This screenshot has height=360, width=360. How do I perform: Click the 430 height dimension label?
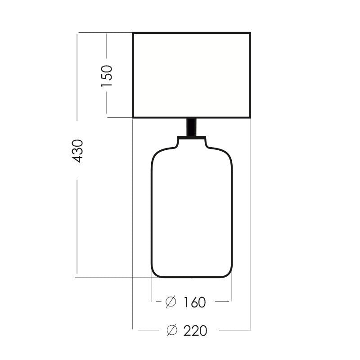tap(77, 151)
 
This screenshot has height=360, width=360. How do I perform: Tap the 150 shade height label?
tap(107, 76)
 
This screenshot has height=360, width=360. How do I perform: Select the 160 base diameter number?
tap(194, 302)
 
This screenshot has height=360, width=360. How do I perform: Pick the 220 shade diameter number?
tap(195, 331)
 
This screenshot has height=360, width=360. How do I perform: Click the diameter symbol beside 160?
tap(171, 301)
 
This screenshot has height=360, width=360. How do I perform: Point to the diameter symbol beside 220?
tap(172, 330)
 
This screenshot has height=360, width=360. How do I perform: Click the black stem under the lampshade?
tap(192, 127)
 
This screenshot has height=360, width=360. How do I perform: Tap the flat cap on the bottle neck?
tap(192, 138)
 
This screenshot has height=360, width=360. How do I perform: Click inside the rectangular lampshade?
tap(192, 75)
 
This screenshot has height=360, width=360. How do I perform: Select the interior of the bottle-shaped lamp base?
tap(192, 211)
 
